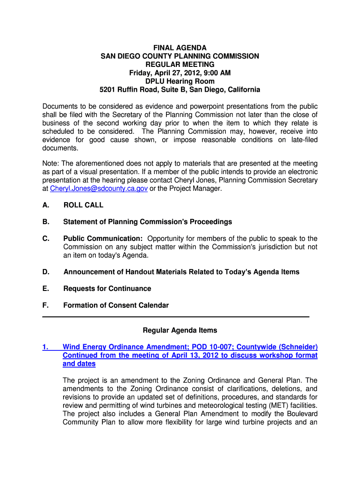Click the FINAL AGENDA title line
(180, 48)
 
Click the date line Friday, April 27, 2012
(180, 73)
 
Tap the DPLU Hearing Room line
(180, 81)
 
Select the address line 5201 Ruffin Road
(180, 90)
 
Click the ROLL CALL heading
(83, 205)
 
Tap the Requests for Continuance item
(107, 289)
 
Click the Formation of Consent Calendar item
(116, 305)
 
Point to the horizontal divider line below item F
(176, 317)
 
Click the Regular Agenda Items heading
(180, 330)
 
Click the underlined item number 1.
(45, 347)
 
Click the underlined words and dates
(79, 364)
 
